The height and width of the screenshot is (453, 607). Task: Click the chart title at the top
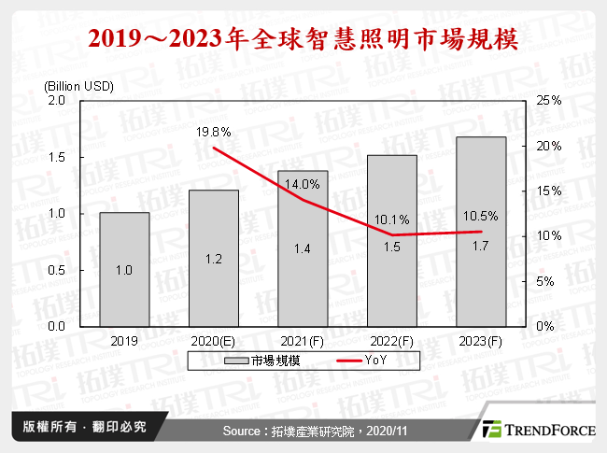303,41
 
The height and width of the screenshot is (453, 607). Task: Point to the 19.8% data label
214,134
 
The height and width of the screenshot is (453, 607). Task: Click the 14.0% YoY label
303,184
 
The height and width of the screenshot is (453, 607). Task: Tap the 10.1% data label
391,219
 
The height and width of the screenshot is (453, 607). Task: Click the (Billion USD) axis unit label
78,86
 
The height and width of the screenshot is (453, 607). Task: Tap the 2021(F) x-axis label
303,342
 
